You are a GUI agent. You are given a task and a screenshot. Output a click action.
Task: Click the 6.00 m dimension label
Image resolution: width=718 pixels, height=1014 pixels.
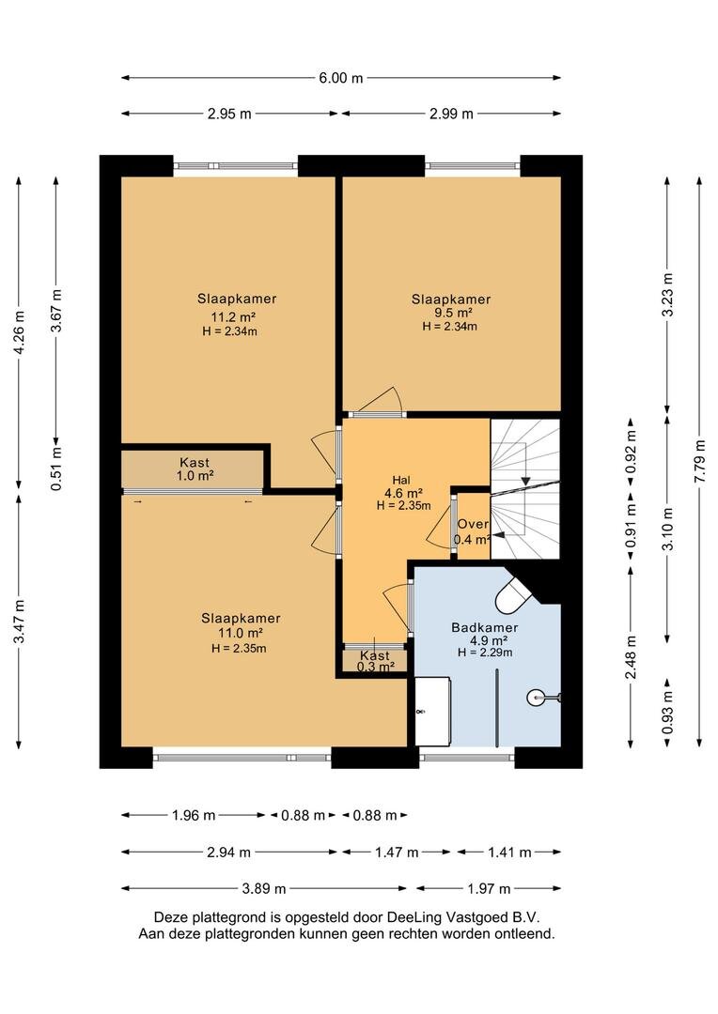(340, 78)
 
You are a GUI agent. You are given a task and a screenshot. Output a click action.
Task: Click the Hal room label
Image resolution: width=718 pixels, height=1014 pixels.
(401, 480)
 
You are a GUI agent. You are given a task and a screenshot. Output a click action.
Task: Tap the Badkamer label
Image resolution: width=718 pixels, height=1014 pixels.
(485, 627)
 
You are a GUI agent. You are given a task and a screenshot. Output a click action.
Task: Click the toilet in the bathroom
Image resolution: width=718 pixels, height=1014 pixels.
(513, 595)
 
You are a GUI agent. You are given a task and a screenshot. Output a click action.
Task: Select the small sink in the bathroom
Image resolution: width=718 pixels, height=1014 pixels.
(542, 697)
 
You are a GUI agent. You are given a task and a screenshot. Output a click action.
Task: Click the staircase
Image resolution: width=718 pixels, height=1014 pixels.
(525, 489)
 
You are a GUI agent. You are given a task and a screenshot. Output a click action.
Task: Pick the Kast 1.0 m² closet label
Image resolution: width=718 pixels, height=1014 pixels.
(195, 469)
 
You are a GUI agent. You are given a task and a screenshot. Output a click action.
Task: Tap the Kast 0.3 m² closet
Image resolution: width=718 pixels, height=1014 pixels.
(375, 661)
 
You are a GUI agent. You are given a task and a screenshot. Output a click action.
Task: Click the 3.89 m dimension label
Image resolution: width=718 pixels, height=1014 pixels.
(264, 888)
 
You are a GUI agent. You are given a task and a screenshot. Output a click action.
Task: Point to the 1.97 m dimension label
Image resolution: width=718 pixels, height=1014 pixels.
(490, 888)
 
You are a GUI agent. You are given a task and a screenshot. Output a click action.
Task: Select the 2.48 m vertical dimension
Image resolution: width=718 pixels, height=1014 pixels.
(632, 657)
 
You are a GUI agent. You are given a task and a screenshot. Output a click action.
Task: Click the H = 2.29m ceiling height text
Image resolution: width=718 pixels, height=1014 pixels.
(485, 653)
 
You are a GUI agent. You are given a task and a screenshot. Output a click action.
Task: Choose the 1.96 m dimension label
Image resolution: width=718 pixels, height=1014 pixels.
(194, 816)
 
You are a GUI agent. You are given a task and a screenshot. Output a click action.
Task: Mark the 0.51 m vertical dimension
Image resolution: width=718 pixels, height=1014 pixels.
(57, 469)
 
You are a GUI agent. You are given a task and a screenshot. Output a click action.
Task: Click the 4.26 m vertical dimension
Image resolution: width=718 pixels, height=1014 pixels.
(20, 332)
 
